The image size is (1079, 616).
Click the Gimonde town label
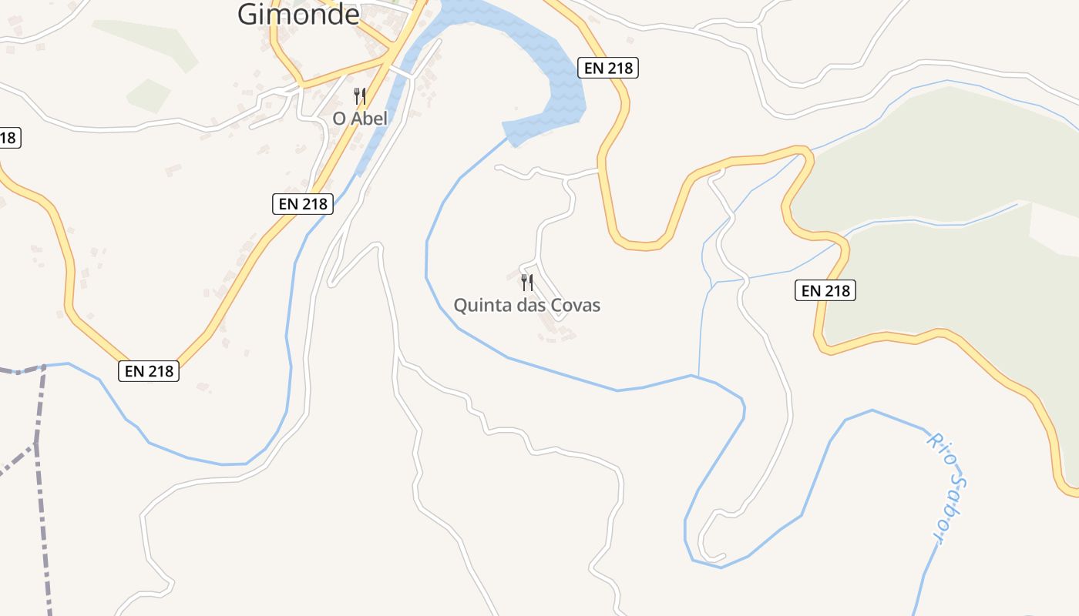pos(298,13)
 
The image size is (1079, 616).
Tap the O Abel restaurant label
pos(360,119)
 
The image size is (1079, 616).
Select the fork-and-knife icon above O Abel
pos(360,96)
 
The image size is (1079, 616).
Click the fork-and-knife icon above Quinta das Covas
pos(527,283)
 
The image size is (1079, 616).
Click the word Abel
pos(370,119)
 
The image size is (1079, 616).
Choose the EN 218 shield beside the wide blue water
pos(609,68)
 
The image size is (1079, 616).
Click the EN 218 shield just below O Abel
pos(304,204)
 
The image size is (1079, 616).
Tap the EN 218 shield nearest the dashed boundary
pos(150,371)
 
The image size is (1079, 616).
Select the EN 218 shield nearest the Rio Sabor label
pos(825,290)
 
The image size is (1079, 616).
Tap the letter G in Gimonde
pos(248,13)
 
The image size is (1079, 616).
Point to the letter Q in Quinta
pos(460,306)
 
